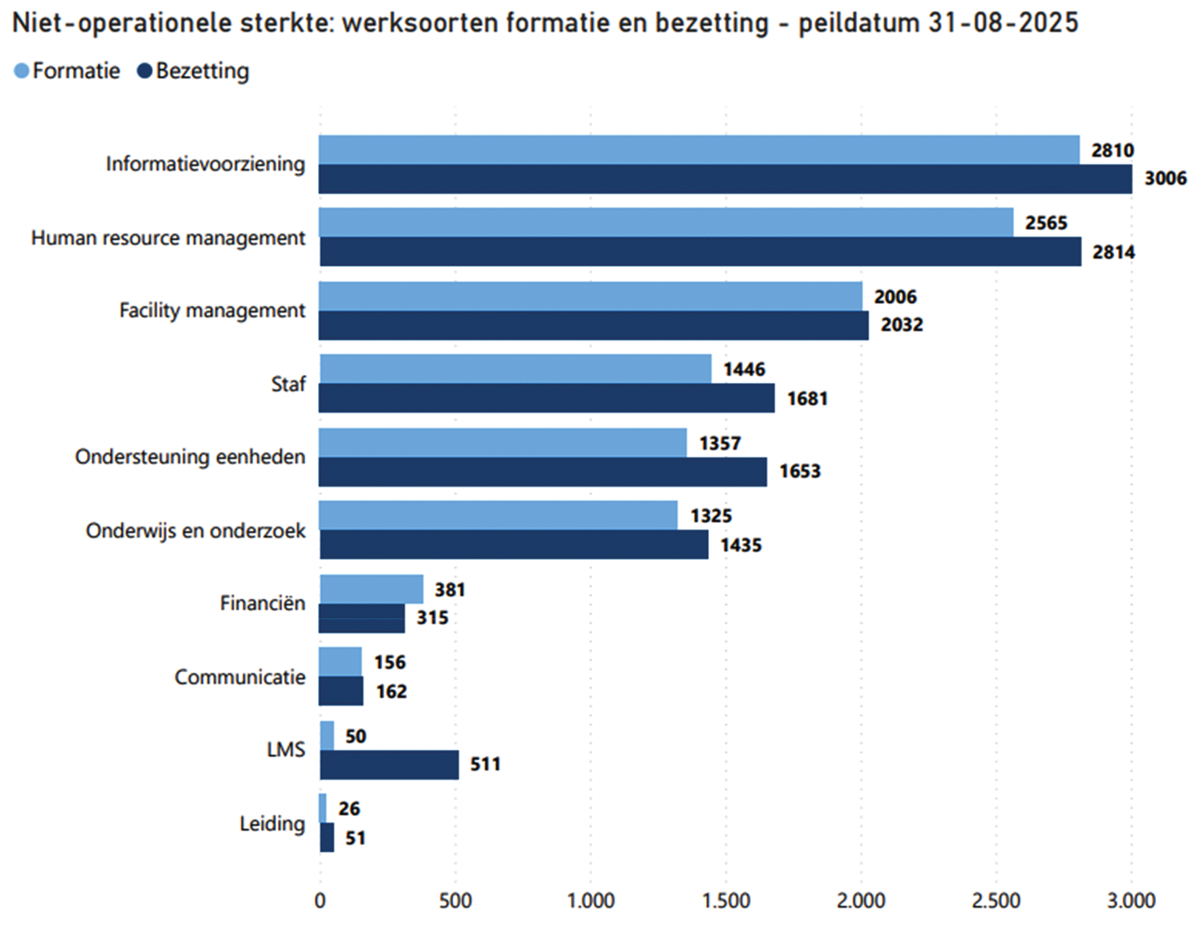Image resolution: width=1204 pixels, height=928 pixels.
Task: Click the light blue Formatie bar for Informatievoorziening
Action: [699, 150]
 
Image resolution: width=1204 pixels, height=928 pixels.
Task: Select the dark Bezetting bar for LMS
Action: [389, 765]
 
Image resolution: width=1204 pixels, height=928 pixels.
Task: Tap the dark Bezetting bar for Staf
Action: [547, 399]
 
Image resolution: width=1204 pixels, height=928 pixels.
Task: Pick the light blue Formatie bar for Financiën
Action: [371, 590]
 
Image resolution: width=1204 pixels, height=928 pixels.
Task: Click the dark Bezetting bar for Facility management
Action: [594, 325]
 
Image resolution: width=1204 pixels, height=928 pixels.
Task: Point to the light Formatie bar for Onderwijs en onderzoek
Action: [499, 515]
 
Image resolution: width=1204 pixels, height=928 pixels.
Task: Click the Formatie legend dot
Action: [21, 71]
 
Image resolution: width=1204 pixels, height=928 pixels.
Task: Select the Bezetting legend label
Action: [202, 71]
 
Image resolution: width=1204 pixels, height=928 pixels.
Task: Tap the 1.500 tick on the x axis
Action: [726, 900]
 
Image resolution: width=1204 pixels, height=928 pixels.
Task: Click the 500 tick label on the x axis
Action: [455, 900]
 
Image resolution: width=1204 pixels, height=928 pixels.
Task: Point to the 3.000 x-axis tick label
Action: [1132, 900]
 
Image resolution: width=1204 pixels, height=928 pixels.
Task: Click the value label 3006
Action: [1165, 178]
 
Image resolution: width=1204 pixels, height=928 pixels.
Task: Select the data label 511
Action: [485, 765]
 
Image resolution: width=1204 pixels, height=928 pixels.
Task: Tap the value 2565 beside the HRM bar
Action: [1046, 223]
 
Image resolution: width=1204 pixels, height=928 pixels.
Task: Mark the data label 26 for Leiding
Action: [349, 809]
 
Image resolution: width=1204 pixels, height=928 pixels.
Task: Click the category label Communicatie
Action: [240, 678]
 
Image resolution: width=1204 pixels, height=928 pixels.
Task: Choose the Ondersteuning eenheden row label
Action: [190, 457]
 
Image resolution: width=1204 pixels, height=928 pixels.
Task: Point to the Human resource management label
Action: [168, 238]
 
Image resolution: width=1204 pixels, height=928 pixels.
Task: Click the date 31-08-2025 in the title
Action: [1003, 23]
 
